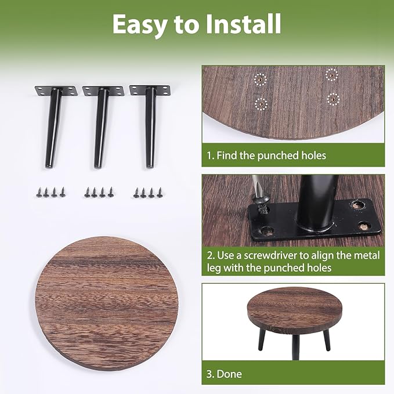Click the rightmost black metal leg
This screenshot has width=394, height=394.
tap(149, 128)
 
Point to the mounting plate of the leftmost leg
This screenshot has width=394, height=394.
tap(56, 91)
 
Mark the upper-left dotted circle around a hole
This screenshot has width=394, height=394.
tap(261, 79)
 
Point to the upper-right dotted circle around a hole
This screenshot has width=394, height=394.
tap(331, 74)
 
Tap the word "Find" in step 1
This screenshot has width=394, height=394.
tap(229, 156)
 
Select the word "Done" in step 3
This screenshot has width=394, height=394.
tap(230, 374)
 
